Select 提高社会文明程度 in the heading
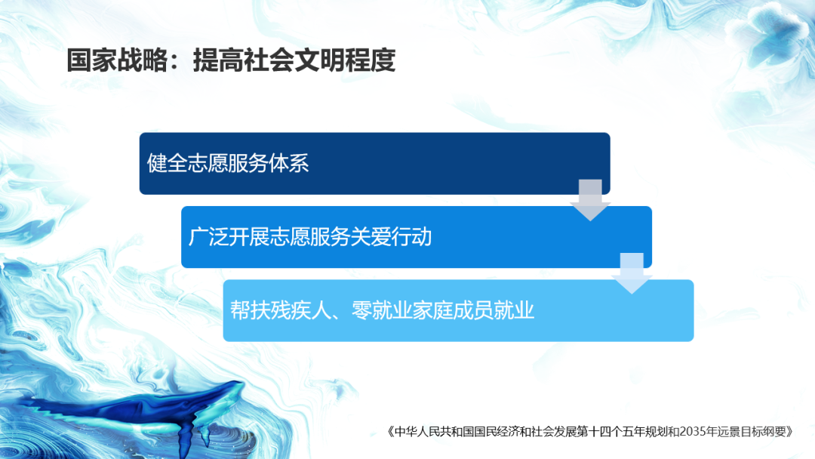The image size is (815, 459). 294,60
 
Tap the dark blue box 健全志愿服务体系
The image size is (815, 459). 374,163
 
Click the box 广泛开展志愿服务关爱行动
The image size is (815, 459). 416,236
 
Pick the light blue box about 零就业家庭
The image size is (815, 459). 458,310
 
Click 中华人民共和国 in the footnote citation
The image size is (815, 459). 427,433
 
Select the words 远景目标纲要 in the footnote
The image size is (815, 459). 755,433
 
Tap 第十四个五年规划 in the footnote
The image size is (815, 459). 604,433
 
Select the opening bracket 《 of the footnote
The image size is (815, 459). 390,433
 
